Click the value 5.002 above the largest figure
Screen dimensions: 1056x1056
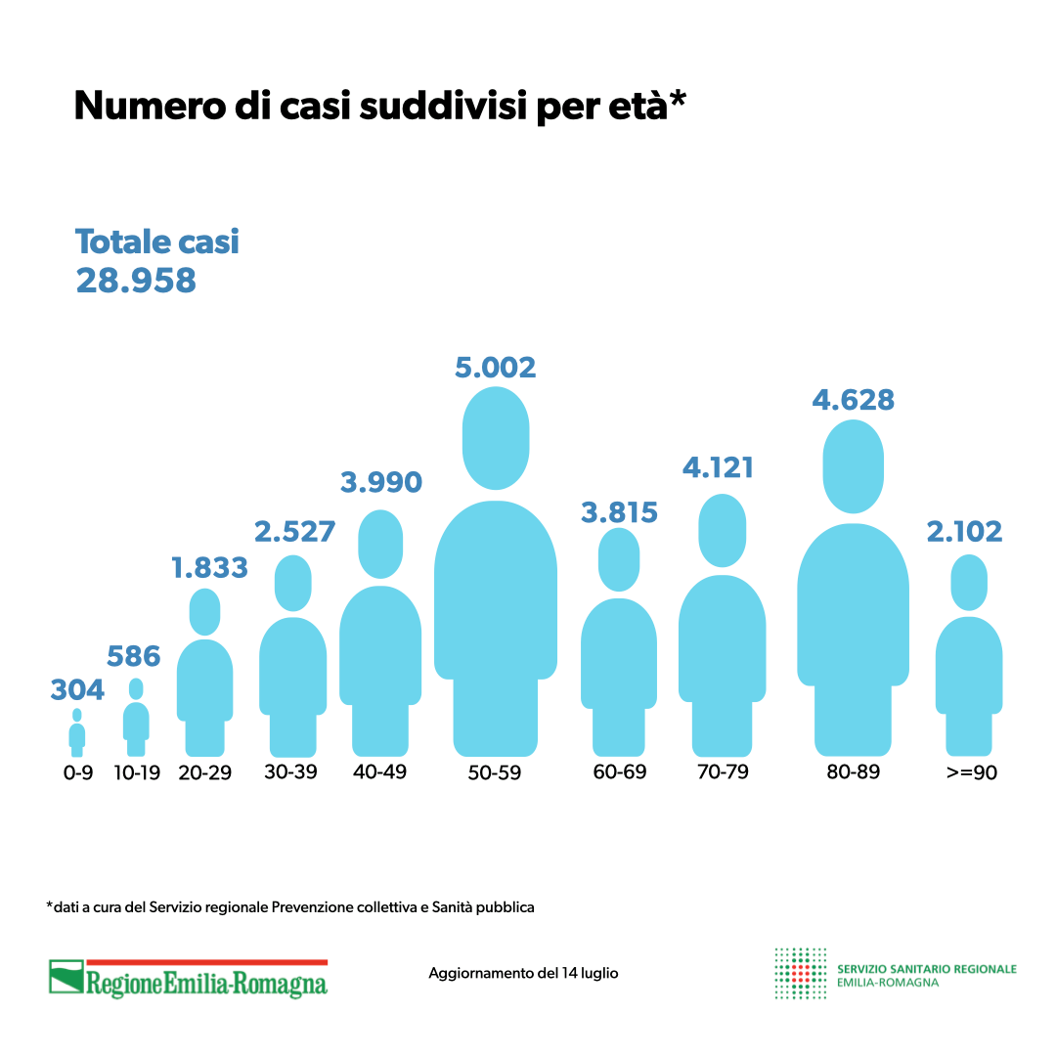[x=496, y=368]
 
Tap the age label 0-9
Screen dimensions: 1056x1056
[x=77, y=772]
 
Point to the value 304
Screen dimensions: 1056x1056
[x=77, y=690]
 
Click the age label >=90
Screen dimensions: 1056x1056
[x=971, y=772]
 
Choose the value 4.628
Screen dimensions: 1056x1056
[x=854, y=401]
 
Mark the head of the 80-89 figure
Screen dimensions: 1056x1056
[x=854, y=466]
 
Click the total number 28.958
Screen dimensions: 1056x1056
[x=136, y=281]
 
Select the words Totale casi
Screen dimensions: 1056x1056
[x=157, y=242]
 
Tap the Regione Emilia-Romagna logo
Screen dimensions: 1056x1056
[x=189, y=979]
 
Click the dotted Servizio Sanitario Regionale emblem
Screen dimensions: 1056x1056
[x=800, y=973]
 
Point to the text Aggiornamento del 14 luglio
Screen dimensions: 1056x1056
[x=523, y=974]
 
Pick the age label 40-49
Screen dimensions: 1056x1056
[x=380, y=771]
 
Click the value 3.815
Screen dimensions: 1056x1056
[x=619, y=511]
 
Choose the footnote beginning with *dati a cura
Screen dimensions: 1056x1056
[x=290, y=907]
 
